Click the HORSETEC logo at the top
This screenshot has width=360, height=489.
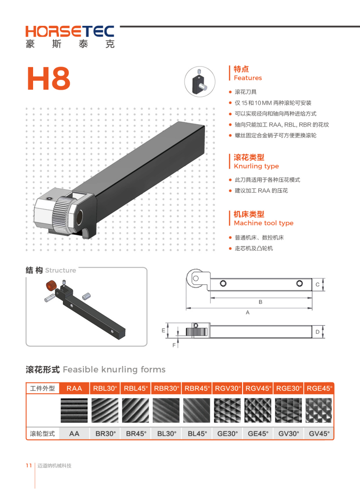pyautogui.click(x=70, y=36)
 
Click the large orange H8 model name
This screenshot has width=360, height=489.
pyautogui.click(x=49, y=78)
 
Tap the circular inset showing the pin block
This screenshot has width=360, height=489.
pyautogui.click(x=200, y=81)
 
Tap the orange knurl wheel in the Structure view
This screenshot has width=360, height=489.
pyautogui.click(x=51, y=285)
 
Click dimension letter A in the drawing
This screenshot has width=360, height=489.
pyautogui.click(x=248, y=313)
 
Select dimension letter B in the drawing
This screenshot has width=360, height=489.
pyautogui.click(x=261, y=302)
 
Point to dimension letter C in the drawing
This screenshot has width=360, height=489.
pyautogui.click(x=317, y=284)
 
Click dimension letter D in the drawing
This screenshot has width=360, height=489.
pyautogui.click(x=317, y=332)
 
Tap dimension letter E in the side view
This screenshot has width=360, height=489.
pyautogui.click(x=163, y=330)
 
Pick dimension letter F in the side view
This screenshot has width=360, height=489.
pyautogui.click(x=174, y=345)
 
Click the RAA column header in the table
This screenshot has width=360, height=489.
pyautogui.click(x=74, y=388)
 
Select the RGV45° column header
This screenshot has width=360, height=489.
pyautogui.click(x=258, y=388)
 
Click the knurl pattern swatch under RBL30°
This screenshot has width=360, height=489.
pyautogui.click(x=105, y=411)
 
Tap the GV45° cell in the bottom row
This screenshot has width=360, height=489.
pyautogui.click(x=319, y=434)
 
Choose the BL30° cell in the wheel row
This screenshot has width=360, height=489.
pyautogui.click(x=167, y=434)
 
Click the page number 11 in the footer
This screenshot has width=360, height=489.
pyautogui.click(x=29, y=465)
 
